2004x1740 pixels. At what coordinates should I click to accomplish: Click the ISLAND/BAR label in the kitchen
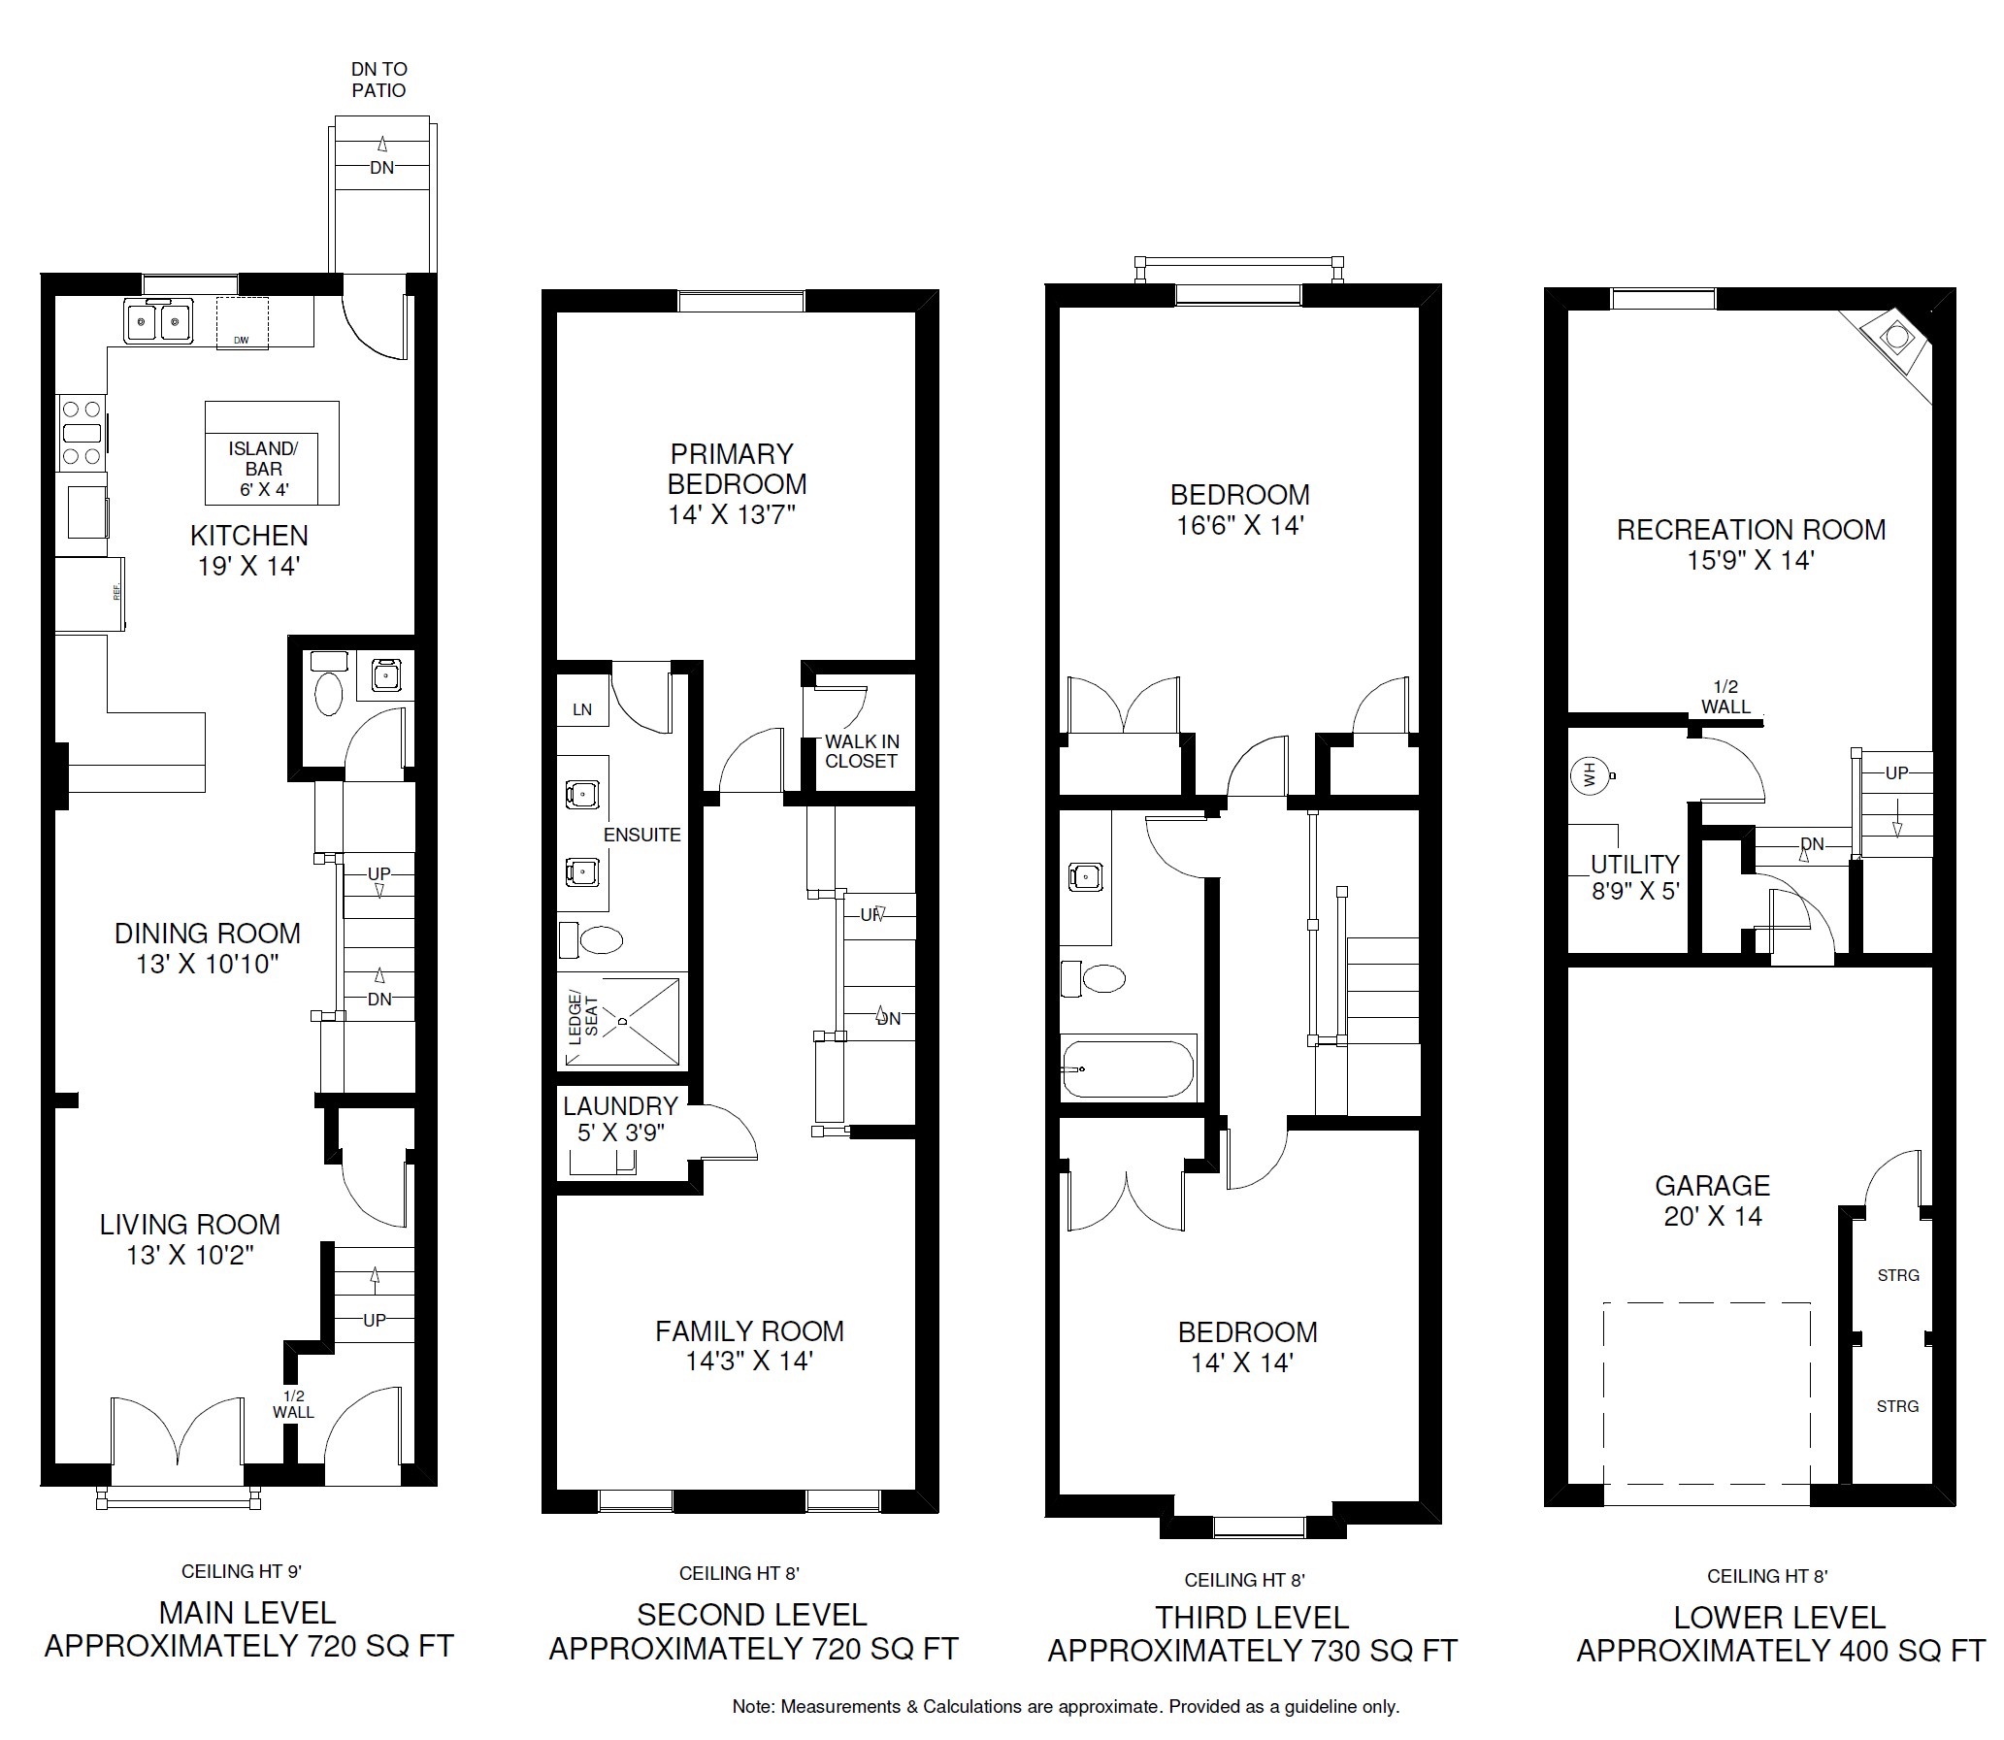pyautogui.click(x=263, y=458)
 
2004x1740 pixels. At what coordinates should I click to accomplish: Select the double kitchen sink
pyautogui.click(x=158, y=319)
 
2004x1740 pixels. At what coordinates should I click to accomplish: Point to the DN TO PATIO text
pyautogui.click(x=378, y=80)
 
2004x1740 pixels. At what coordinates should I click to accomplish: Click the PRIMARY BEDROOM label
pyautogui.click(x=737, y=469)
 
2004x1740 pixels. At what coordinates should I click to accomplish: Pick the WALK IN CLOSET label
pyautogui.click(x=862, y=751)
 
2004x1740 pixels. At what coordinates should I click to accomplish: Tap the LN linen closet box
pyautogui.click(x=582, y=709)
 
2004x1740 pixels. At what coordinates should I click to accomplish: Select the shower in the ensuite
pyautogui.click(x=621, y=1022)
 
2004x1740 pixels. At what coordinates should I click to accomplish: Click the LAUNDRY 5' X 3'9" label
pyautogui.click(x=620, y=1119)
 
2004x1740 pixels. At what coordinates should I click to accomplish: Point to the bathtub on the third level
pyautogui.click(x=1129, y=1068)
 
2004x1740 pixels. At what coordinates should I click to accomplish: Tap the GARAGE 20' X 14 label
pyautogui.click(x=1713, y=1200)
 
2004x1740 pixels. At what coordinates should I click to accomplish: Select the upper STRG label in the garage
pyautogui.click(x=1898, y=1275)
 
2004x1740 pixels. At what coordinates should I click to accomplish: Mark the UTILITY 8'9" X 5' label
pyautogui.click(x=1635, y=877)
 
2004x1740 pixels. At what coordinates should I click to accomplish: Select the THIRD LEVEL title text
pyautogui.click(x=1253, y=1618)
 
